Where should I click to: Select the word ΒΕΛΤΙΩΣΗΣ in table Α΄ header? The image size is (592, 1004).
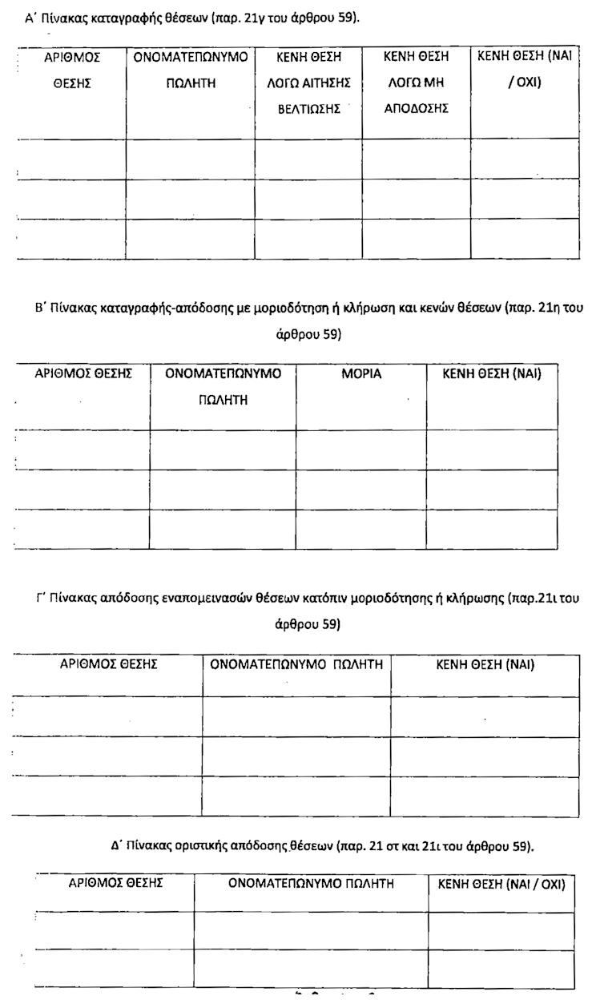309,109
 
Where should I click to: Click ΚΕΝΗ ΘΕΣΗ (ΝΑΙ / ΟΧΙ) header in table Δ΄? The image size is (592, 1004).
501,885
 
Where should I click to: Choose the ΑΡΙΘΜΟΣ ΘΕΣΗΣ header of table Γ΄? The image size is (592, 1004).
107,664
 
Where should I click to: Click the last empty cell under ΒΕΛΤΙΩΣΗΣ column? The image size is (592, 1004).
309,239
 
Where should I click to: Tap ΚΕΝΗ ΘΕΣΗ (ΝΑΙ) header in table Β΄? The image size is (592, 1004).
489,374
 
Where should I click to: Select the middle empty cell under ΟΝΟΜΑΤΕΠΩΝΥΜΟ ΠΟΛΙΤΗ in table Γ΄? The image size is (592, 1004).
296,756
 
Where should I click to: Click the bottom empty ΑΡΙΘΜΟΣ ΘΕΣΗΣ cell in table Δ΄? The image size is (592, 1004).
115,968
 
